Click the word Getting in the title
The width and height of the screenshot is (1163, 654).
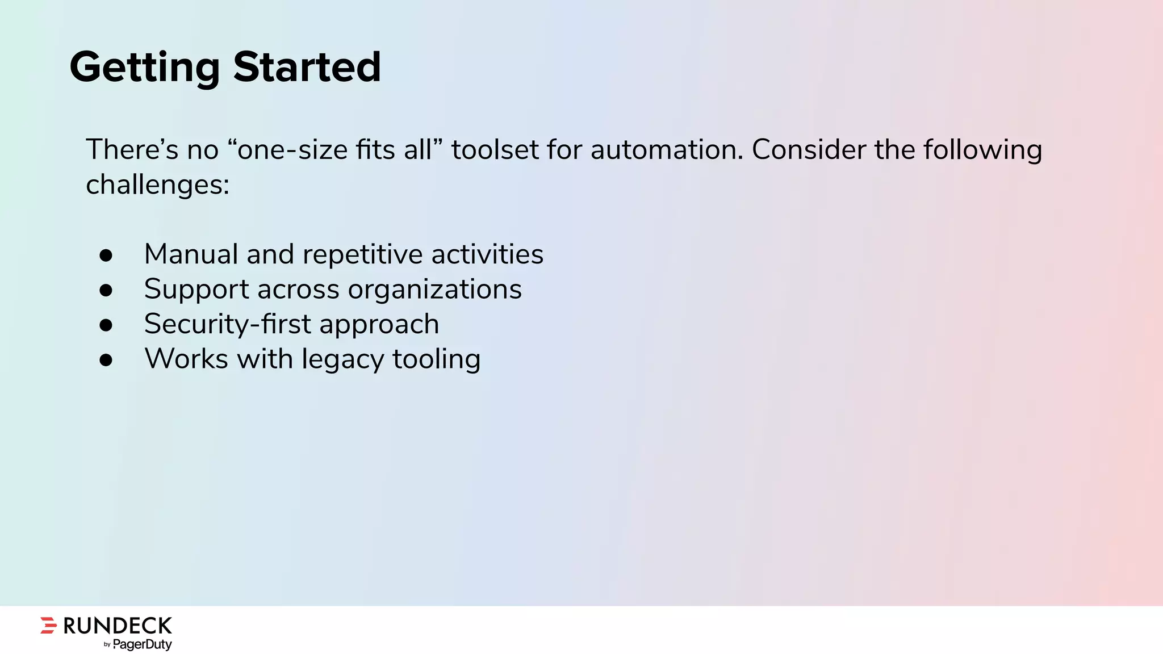[144, 67]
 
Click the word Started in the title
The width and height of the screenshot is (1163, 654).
[307, 67]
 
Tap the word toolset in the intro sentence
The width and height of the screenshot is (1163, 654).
[495, 150]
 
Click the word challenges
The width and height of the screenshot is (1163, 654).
[157, 185]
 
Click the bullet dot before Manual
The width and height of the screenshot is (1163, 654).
[106, 255]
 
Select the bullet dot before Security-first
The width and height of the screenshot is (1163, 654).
[106, 325]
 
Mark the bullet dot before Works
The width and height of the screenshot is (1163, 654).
[106, 360]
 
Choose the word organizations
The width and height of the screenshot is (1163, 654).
[434, 290]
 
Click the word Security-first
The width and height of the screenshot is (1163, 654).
[227, 324]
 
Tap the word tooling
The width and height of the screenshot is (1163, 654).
[436, 359]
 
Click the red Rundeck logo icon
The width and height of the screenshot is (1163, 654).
[49, 625]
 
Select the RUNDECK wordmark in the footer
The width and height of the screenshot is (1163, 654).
[118, 626]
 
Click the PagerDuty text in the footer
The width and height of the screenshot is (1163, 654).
[142, 644]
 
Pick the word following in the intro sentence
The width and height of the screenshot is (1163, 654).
[982, 150]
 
